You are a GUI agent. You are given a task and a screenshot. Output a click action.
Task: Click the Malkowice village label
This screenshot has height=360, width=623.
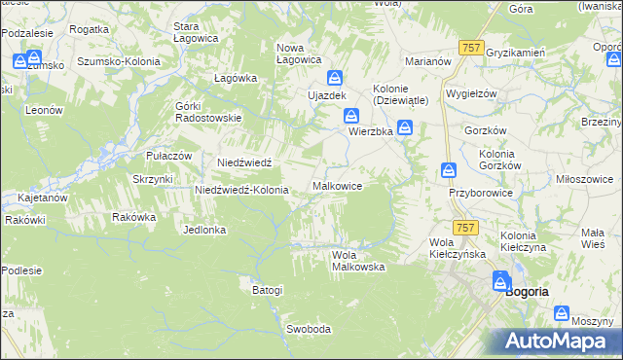(x=338, y=185)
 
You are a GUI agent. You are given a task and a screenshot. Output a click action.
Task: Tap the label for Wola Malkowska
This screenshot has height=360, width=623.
(x=358, y=261)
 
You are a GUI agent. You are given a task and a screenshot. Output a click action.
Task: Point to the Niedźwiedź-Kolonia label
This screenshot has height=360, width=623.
(x=241, y=190)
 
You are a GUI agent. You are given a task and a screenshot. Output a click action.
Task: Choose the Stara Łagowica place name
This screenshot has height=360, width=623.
(x=193, y=32)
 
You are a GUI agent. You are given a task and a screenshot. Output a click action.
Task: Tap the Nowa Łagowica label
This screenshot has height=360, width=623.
(x=299, y=54)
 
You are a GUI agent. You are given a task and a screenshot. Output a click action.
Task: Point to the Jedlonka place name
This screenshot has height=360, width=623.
(x=204, y=230)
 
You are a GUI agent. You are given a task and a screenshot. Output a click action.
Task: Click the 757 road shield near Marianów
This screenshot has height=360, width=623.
(x=472, y=47)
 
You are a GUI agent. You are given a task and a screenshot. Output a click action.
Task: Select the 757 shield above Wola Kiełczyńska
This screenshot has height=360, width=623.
(x=467, y=227)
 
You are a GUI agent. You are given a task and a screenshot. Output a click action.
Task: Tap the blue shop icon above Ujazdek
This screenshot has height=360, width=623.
(x=335, y=78)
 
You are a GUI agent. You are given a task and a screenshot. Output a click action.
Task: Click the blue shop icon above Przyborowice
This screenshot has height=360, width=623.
(x=449, y=170)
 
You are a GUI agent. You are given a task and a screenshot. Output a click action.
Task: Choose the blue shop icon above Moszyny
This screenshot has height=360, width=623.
(x=563, y=313)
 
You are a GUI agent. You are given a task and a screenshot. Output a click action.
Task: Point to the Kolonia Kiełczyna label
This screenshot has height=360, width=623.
(x=526, y=241)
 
